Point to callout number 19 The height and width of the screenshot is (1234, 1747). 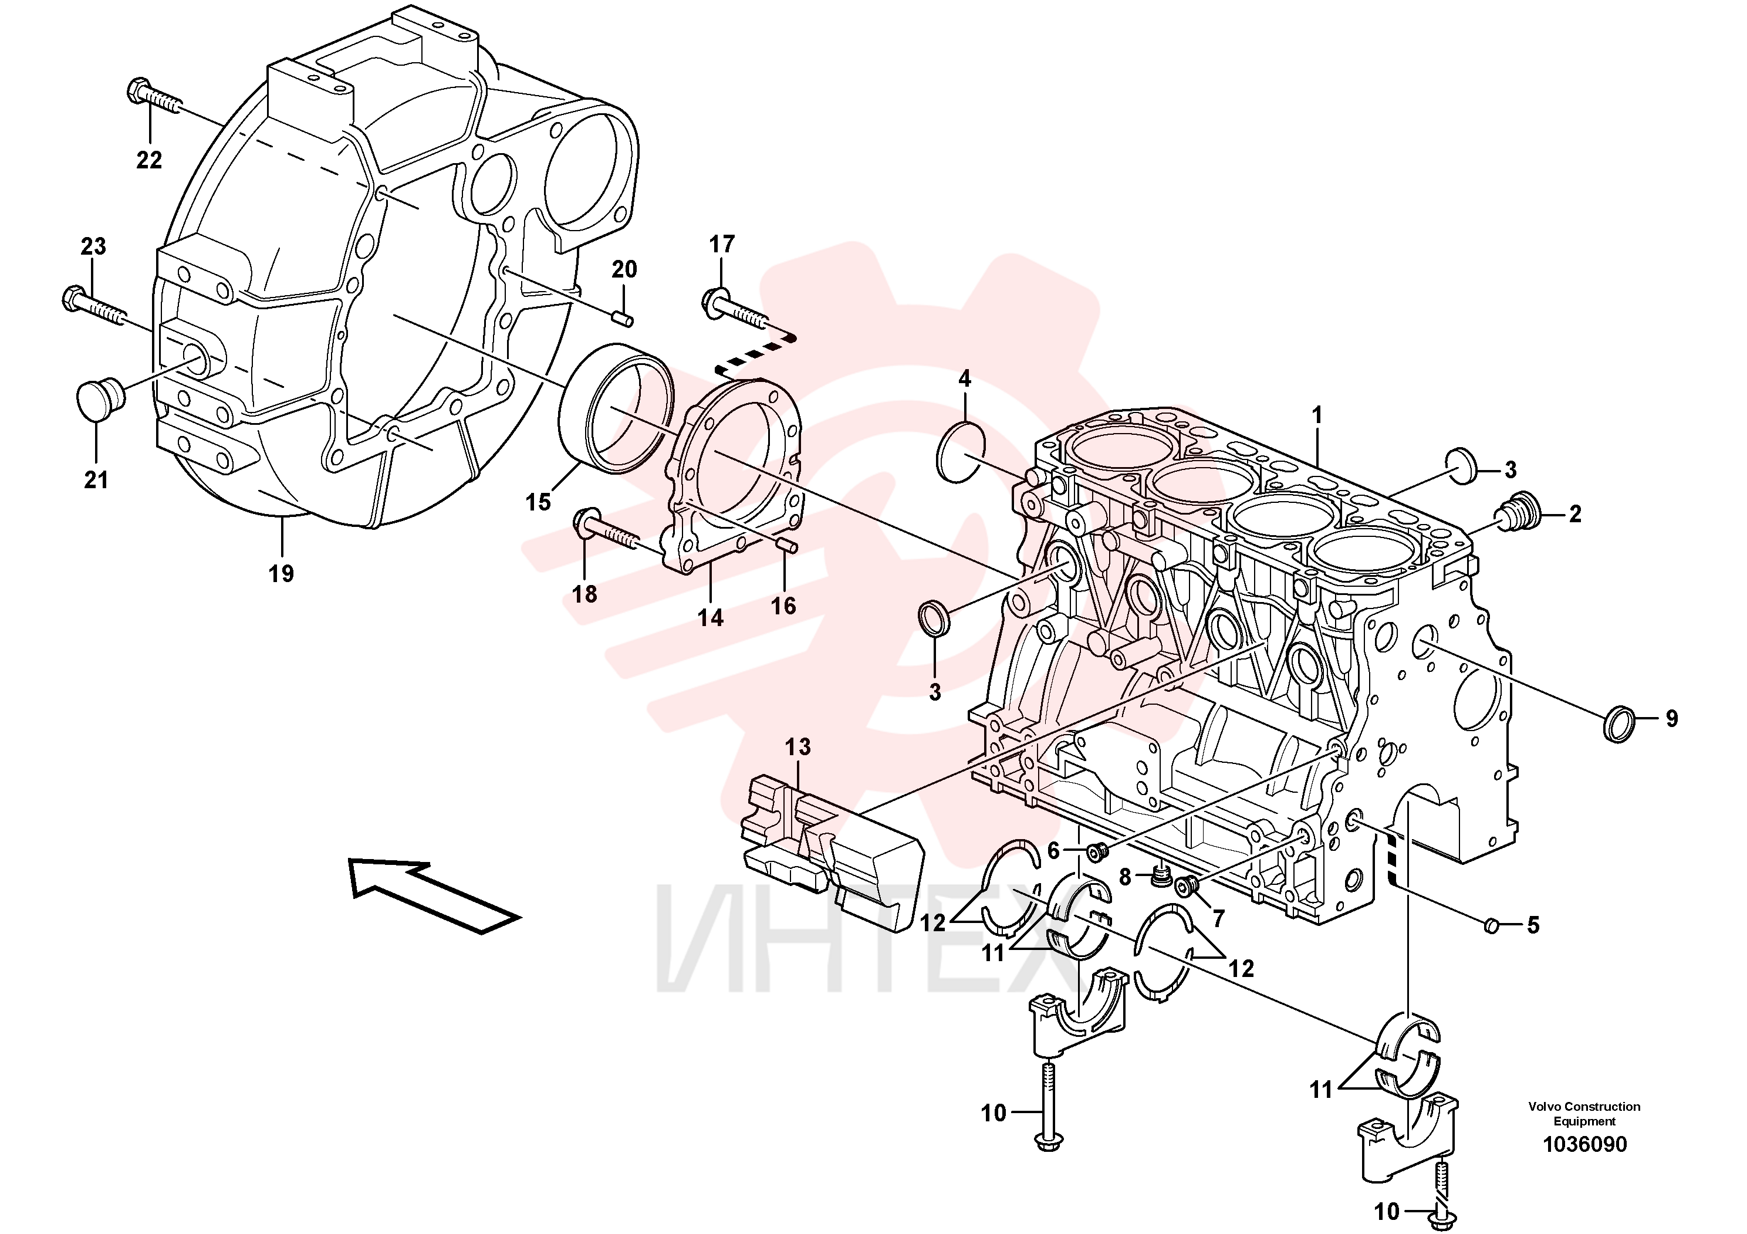point(281,573)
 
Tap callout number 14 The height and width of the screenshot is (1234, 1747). point(710,617)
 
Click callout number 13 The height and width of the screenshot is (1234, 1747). point(798,746)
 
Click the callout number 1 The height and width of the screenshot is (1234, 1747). point(1317,415)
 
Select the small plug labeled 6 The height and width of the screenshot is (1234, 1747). point(1096,854)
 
